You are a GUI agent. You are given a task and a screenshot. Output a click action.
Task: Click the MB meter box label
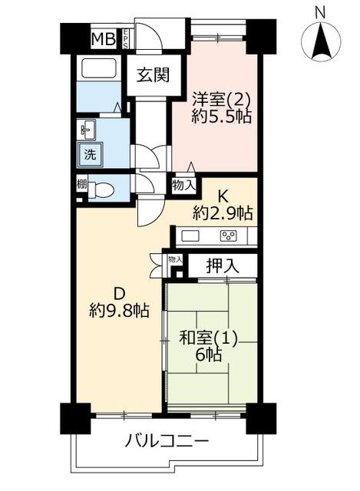[x=104, y=40]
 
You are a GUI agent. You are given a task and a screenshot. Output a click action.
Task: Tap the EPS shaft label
[x=125, y=39]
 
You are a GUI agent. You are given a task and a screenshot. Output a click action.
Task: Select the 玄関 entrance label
[x=154, y=75]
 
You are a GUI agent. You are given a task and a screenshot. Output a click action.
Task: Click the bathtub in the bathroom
[x=99, y=68]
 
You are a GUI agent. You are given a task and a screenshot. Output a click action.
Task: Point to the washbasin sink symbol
[x=88, y=130]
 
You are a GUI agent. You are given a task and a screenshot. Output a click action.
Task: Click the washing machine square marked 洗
[x=91, y=154]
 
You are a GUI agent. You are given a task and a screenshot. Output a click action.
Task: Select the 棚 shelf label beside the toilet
[x=81, y=185]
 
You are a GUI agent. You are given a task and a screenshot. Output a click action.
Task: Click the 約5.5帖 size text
[x=222, y=117]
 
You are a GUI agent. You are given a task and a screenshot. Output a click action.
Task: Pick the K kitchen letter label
[x=222, y=196]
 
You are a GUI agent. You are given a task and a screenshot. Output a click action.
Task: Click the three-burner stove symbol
[x=229, y=236]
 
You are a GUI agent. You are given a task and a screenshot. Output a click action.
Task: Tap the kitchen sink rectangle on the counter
[x=190, y=236]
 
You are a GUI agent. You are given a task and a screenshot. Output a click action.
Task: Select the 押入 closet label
[x=223, y=266]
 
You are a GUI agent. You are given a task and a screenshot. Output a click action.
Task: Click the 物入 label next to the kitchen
[x=184, y=186]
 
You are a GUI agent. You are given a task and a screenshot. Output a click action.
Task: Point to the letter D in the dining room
[x=119, y=295]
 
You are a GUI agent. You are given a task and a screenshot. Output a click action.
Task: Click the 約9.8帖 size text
[x=119, y=311]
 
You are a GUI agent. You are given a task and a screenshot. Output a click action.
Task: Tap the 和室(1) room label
[x=208, y=338]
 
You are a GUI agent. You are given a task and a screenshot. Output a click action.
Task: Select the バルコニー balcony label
[x=167, y=442]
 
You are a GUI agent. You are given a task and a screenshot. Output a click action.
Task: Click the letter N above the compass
[x=320, y=14]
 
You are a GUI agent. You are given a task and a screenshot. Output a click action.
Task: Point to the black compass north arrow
[x=321, y=43]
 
